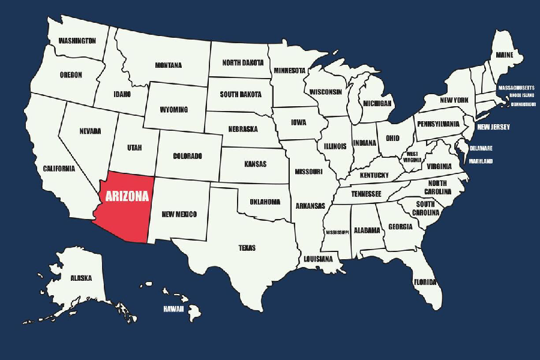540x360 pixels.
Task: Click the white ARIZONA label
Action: pos(127,196)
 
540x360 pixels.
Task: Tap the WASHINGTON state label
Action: pos(76,41)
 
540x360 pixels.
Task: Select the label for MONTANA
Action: pos(168,65)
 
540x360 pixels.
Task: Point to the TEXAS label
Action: pos(247,247)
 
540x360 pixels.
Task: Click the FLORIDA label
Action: pos(425,281)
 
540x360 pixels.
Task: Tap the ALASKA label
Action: pos(80,278)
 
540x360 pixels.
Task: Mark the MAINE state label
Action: pos(504,55)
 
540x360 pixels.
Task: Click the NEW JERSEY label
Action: pos(493,127)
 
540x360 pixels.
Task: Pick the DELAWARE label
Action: pos(481,148)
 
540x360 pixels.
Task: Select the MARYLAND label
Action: pos(480,161)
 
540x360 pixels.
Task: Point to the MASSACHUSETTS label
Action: pos(516,88)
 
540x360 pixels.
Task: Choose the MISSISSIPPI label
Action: pos(337,232)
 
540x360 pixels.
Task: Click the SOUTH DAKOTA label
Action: pos(240,94)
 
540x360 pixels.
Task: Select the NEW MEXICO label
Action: pos(179,214)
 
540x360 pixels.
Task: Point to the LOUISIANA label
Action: pos(317,259)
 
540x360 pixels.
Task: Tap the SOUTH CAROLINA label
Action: pos(427,208)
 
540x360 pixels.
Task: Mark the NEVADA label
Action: pos(90,131)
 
